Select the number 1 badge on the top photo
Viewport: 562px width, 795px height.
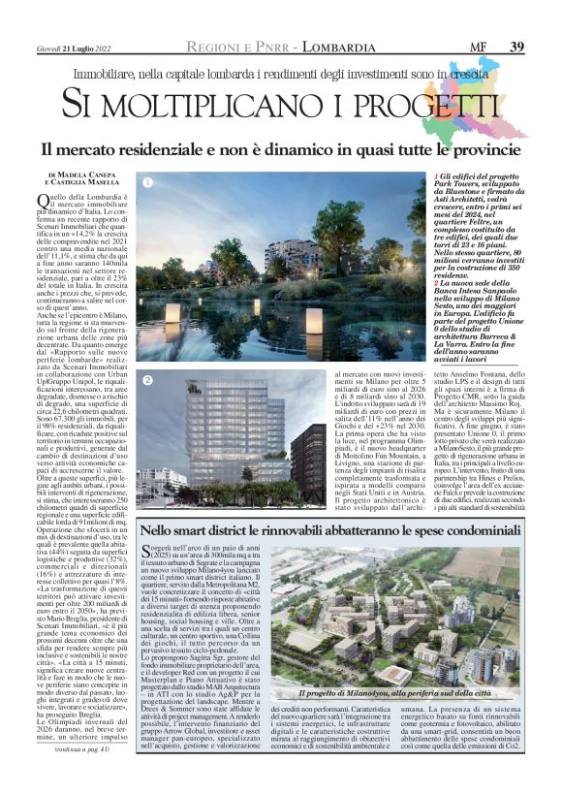pyautogui.click(x=148, y=182)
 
